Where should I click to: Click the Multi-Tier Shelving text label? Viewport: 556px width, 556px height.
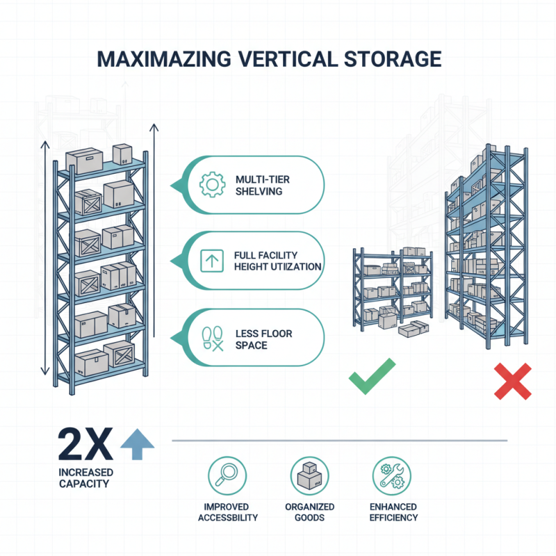263,185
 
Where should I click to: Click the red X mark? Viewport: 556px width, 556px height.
512,380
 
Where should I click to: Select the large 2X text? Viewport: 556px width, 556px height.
84,445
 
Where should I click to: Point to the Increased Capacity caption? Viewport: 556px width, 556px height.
83,478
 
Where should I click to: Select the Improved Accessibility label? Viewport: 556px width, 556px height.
227,512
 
